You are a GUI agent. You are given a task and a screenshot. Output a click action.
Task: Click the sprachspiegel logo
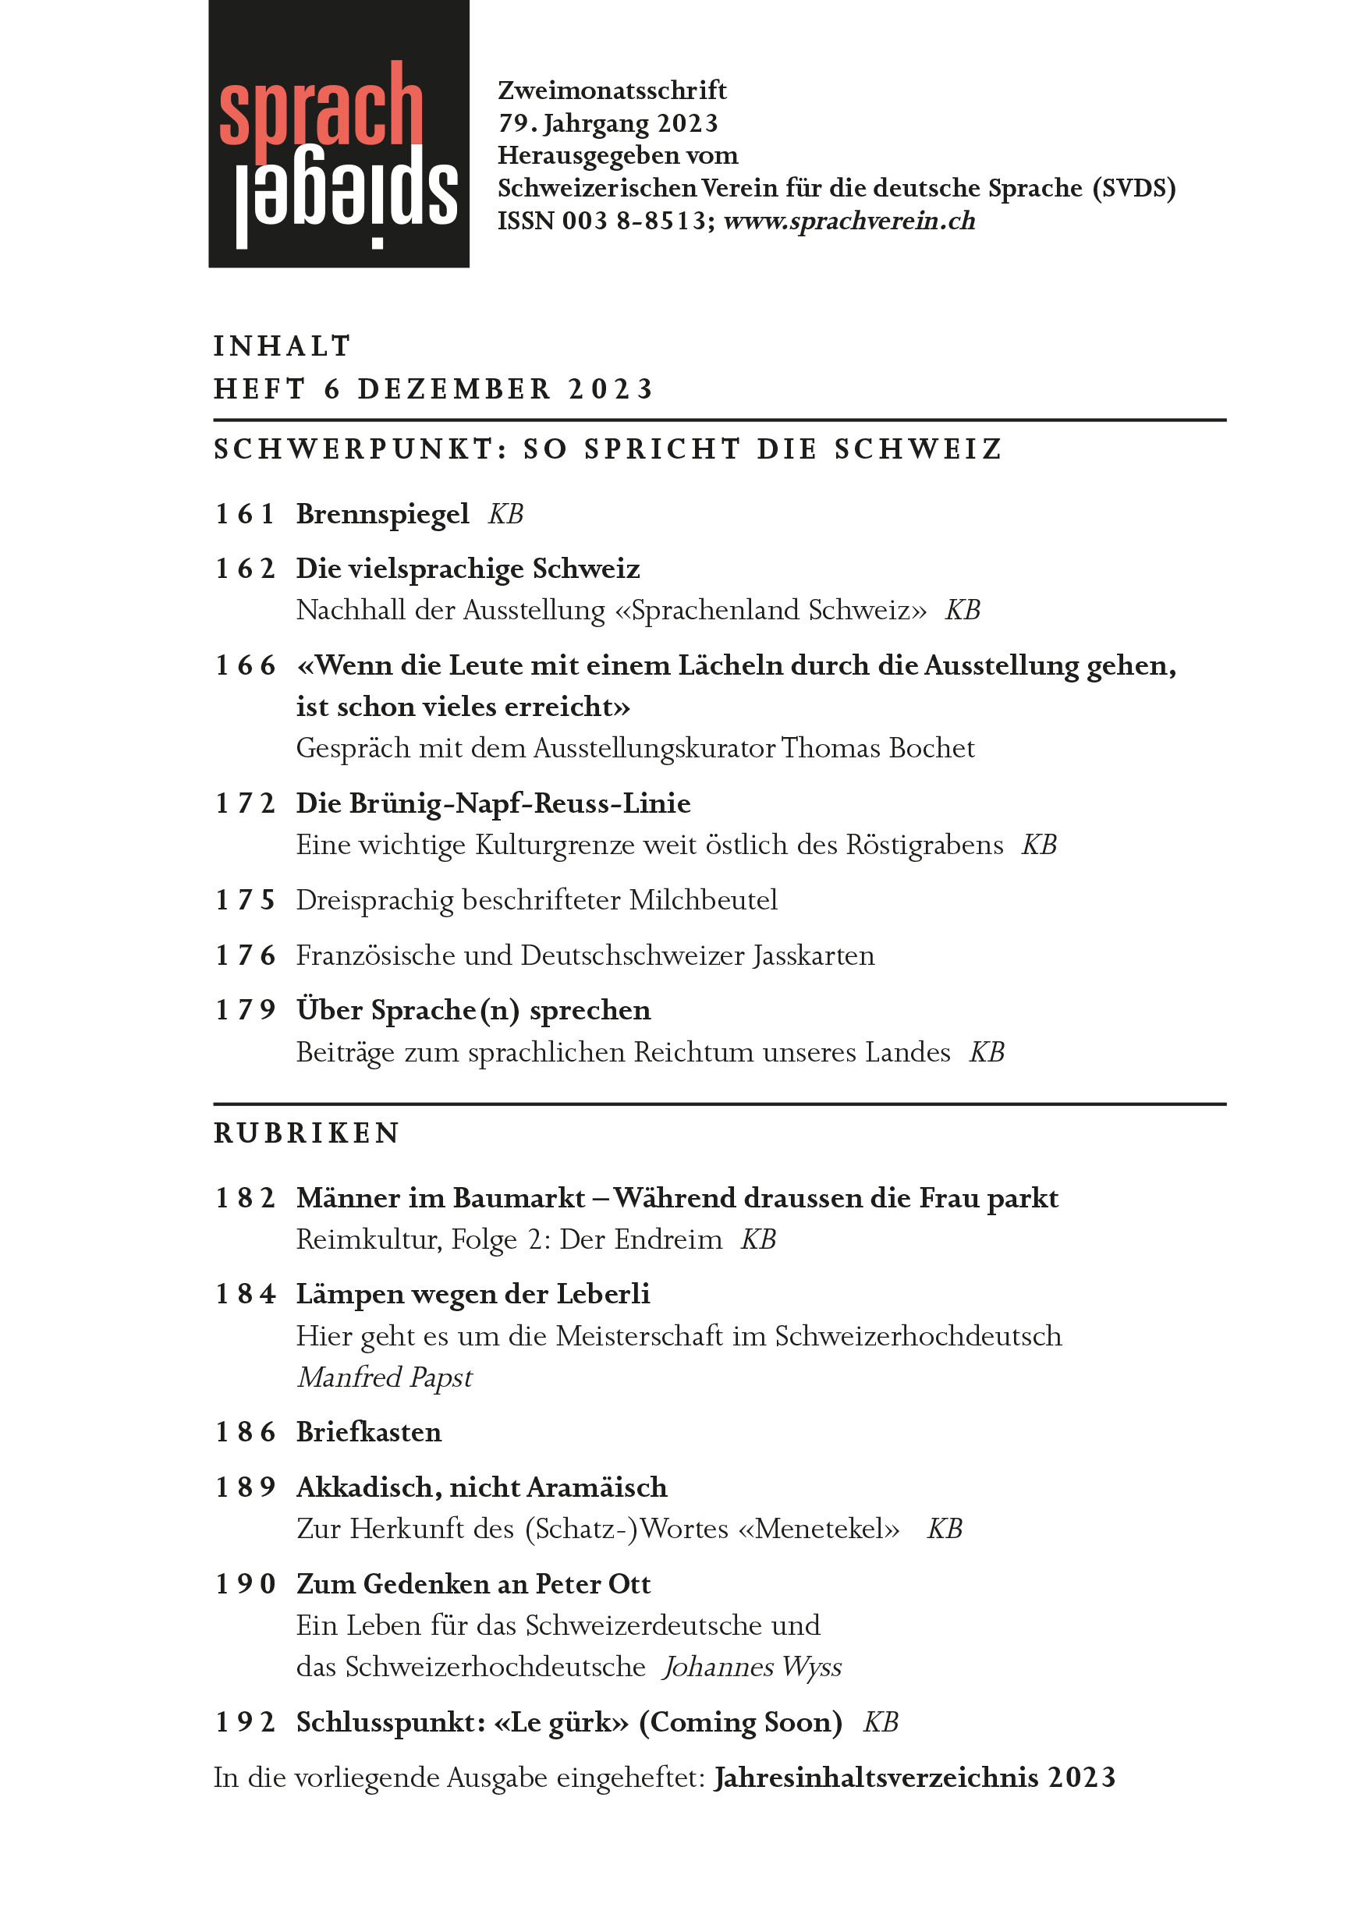[x=339, y=135]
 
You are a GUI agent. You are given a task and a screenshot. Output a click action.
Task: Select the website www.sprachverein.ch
[x=849, y=222]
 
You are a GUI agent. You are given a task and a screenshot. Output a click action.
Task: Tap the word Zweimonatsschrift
[x=612, y=90]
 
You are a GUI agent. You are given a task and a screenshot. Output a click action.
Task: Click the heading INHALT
[x=282, y=346]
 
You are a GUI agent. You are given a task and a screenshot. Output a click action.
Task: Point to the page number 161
[x=245, y=513]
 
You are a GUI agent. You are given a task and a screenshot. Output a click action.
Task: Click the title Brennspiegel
[x=382, y=513]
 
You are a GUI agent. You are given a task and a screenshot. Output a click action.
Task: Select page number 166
[x=245, y=665]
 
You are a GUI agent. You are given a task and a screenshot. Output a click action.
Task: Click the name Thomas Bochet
[x=877, y=747]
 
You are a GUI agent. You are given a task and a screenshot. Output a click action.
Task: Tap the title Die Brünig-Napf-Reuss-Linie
[x=493, y=803]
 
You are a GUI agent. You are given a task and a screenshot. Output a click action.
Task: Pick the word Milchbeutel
[x=703, y=899]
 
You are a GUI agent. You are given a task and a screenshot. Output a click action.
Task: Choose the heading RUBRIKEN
[x=307, y=1133]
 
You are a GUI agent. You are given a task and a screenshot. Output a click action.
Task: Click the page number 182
[x=245, y=1197]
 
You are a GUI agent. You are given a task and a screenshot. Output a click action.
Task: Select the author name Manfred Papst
[x=385, y=1377]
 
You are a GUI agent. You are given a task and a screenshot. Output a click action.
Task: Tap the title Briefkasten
[x=369, y=1431]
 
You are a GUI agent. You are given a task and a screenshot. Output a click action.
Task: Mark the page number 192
[x=245, y=1721]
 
